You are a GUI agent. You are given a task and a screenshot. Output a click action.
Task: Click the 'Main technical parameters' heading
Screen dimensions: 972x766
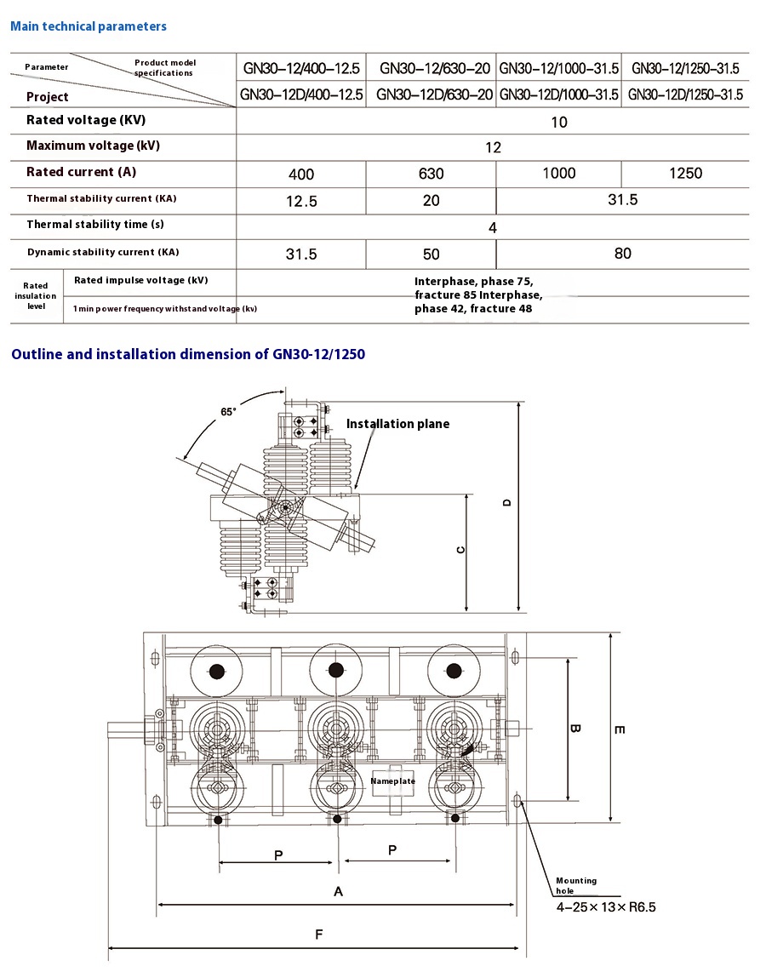click(x=89, y=26)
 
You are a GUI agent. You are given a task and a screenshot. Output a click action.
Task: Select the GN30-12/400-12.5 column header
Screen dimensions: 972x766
click(x=301, y=68)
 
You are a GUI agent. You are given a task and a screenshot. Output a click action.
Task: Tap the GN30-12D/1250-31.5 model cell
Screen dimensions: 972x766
click(x=685, y=94)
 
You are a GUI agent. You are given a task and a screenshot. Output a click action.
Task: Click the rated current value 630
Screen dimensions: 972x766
click(x=432, y=174)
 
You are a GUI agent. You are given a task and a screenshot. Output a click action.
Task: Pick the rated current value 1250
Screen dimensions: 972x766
click(x=685, y=173)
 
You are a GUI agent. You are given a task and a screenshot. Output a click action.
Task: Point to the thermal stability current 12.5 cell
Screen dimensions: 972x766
click(x=301, y=202)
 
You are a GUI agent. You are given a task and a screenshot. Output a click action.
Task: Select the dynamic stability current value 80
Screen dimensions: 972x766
click(x=622, y=253)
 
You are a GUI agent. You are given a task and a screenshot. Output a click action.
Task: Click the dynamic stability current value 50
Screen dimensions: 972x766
click(x=432, y=254)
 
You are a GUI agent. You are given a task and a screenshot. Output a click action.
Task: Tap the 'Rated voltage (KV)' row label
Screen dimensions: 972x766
click(x=83, y=120)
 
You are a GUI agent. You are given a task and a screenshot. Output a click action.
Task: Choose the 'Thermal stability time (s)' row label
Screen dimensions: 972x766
click(x=95, y=225)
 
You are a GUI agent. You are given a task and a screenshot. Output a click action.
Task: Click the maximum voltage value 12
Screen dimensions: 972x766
click(x=493, y=147)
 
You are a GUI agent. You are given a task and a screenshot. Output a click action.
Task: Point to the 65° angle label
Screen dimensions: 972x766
click(x=228, y=412)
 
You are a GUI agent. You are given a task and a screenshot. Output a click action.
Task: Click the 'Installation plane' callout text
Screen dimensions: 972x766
click(x=397, y=424)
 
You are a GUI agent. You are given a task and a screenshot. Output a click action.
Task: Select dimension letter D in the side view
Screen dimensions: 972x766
click(x=507, y=502)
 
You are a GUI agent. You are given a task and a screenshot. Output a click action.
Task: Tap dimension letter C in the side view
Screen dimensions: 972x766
click(x=460, y=550)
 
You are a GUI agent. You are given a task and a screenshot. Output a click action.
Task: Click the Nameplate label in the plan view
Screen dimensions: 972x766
click(x=392, y=780)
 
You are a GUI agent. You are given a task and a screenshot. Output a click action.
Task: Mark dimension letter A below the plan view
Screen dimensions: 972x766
click(x=338, y=891)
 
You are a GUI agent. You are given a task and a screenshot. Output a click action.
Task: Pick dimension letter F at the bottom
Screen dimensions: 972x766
click(x=318, y=935)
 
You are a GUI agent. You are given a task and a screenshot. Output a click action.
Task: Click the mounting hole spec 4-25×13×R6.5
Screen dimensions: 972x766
click(x=606, y=907)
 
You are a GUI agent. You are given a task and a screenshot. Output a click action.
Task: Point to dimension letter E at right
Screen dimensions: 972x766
click(x=620, y=729)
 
